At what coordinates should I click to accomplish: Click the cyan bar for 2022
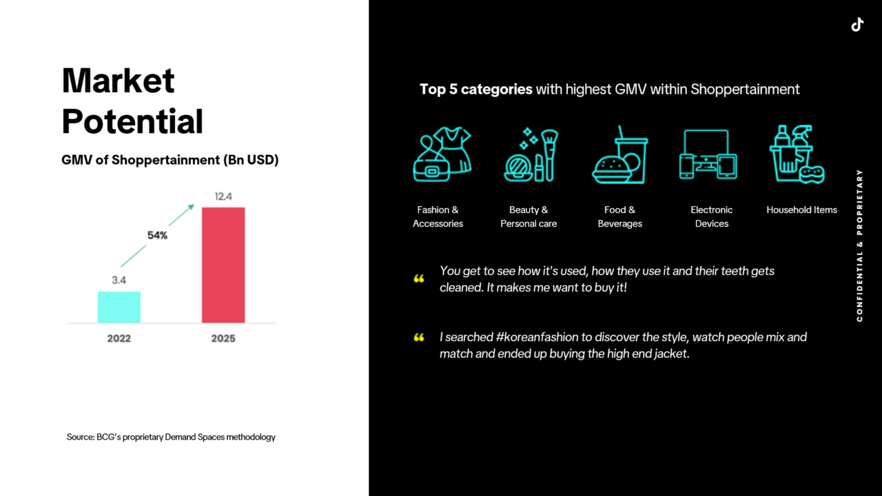[x=119, y=307]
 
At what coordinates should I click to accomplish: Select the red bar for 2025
[x=223, y=265]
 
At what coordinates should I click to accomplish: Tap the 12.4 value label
[x=223, y=196]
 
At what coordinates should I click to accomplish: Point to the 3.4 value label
[x=119, y=280]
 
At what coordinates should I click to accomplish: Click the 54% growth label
[x=158, y=236]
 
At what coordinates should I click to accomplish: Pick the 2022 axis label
[x=119, y=338]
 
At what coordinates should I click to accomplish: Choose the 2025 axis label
[x=223, y=338]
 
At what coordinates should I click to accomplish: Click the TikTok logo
[x=857, y=24]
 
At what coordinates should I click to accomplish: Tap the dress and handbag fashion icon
[x=442, y=154]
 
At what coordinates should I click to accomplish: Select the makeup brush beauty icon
[x=531, y=154]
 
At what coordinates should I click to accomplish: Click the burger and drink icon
[x=619, y=154]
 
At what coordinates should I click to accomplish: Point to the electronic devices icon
[x=708, y=154]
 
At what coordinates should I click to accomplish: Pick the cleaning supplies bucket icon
[x=797, y=154]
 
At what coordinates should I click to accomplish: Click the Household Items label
[x=801, y=210]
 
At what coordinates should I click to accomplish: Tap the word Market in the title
[x=118, y=81]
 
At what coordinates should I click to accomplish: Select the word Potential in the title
[x=132, y=121]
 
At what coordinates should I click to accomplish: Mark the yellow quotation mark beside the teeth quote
[x=419, y=279]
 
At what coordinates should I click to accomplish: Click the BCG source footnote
[x=171, y=437]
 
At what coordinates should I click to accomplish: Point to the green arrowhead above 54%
[x=191, y=207]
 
